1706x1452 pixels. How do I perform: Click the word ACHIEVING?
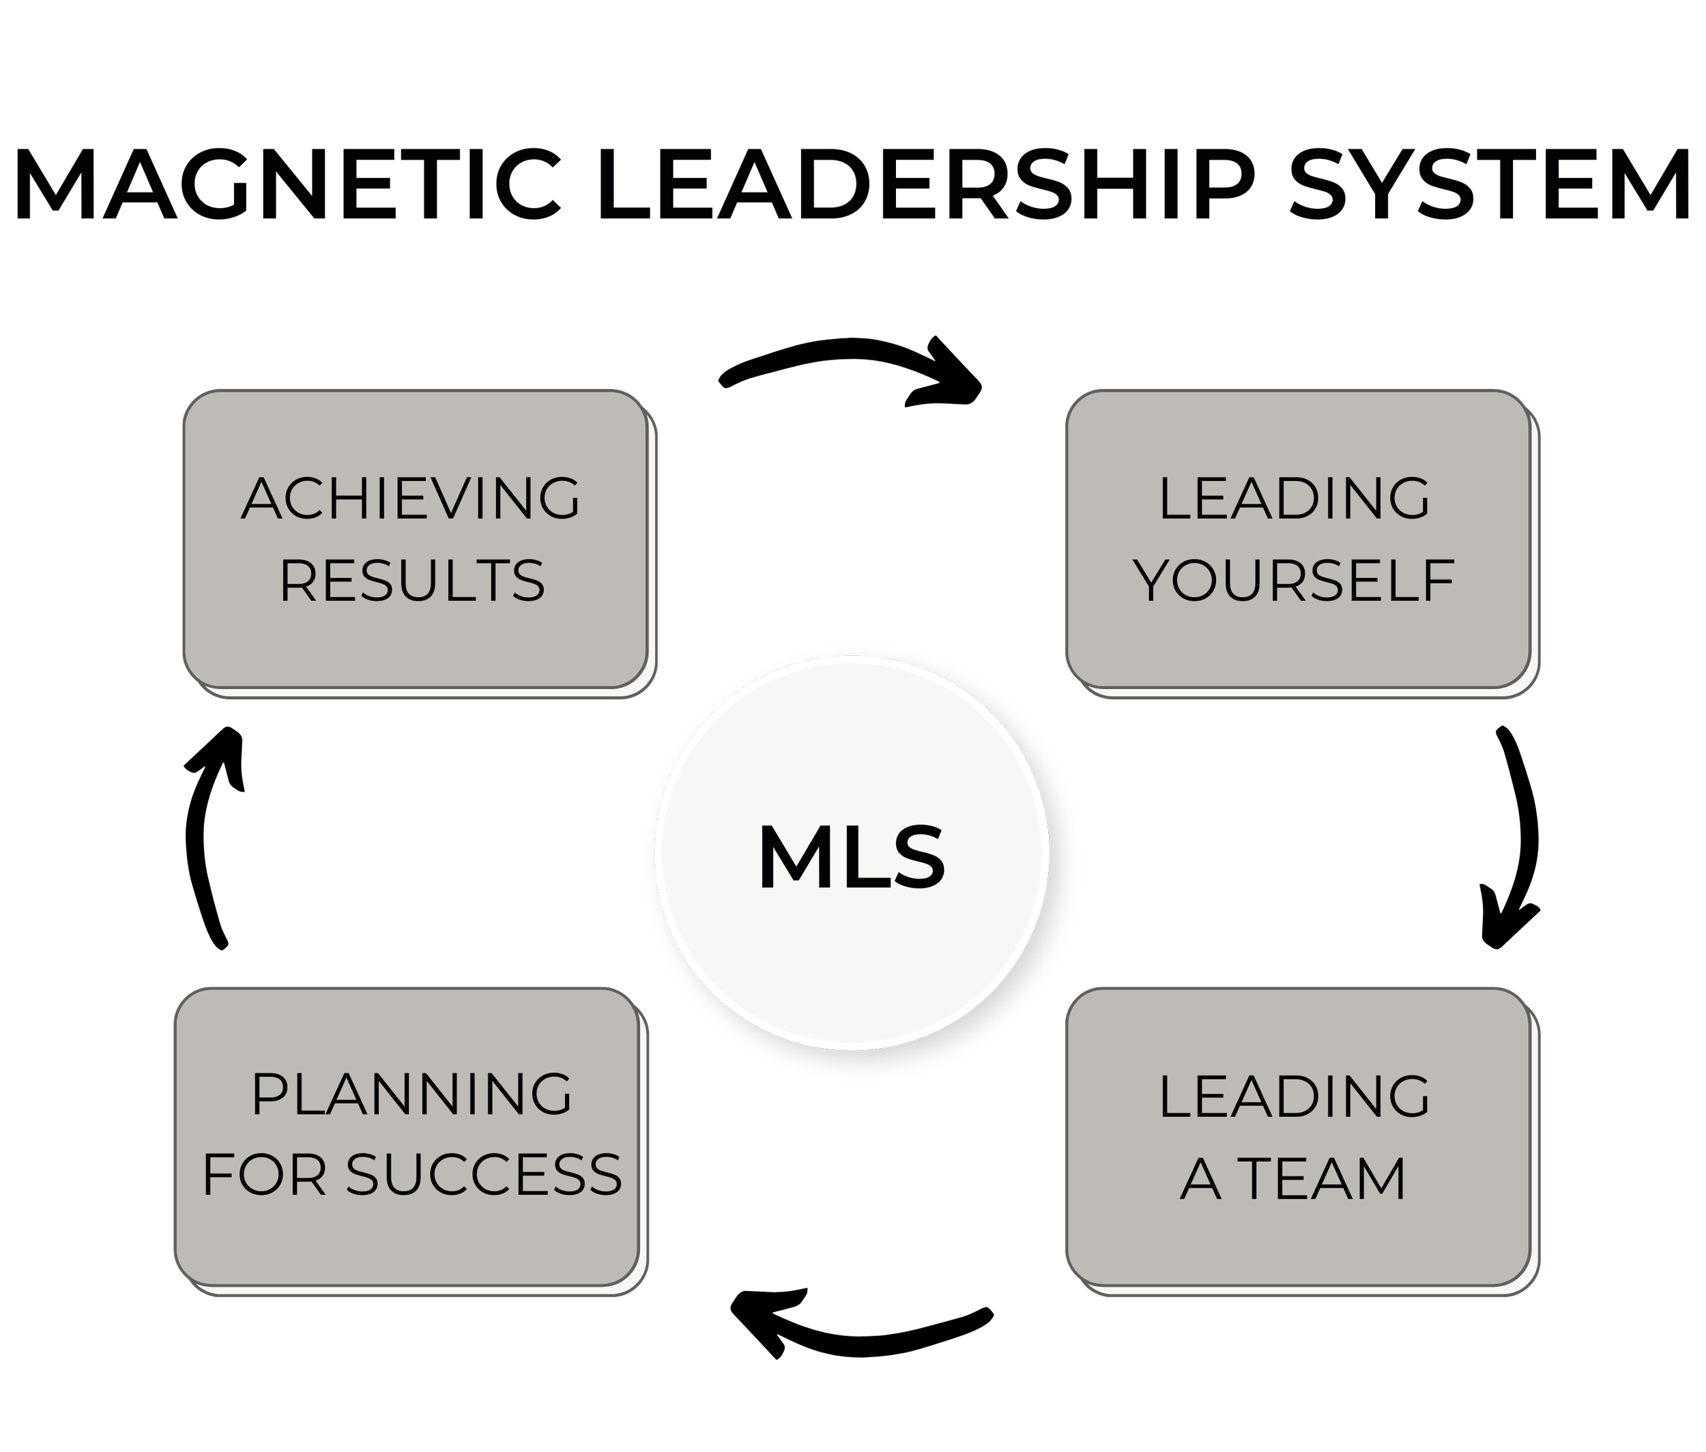pyautogui.click(x=411, y=499)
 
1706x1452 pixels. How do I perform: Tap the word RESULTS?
pyautogui.click(x=412, y=580)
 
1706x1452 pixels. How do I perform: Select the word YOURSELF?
pyautogui.click(x=1295, y=580)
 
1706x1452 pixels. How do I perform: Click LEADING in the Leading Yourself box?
pyautogui.click(x=1295, y=499)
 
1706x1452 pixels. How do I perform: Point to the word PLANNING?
pyautogui.click(x=411, y=1094)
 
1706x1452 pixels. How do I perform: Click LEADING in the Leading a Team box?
pyautogui.click(x=1295, y=1097)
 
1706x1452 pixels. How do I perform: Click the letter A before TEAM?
pyautogui.click(x=1200, y=1178)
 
